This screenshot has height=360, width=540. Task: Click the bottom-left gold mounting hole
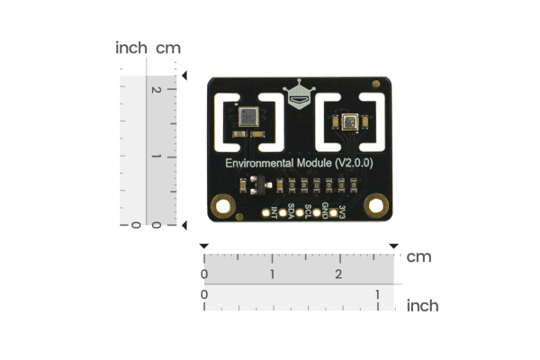[221, 208]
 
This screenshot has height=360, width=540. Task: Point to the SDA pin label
[291, 212]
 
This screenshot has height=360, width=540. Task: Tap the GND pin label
[325, 212]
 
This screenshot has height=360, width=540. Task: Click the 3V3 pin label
[342, 212]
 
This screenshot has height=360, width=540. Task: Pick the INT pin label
[274, 213]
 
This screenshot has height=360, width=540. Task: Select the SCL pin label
[308, 212]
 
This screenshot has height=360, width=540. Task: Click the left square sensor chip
[247, 115]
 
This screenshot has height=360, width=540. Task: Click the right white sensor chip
[349, 120]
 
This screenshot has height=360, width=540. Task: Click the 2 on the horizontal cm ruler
[339, 274]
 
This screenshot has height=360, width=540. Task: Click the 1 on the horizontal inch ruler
[377, 294]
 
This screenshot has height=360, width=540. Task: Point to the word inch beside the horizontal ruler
[423, 306]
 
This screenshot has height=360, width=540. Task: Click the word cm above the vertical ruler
[168, 48]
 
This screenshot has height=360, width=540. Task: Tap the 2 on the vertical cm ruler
[157, 90]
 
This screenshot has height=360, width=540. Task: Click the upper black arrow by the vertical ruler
[184, 76]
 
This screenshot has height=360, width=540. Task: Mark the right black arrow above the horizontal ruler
[392, 246]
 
